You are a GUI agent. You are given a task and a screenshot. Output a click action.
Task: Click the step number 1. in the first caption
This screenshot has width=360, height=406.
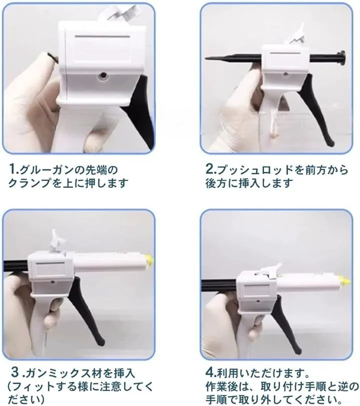pos(13,170)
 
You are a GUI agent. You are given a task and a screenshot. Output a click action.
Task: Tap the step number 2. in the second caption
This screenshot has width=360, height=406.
pos(211,170)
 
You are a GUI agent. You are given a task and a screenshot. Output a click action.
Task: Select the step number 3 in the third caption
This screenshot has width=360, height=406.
pos(15,373)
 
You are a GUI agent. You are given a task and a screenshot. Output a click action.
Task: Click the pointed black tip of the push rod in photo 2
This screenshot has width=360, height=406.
pos(207,58)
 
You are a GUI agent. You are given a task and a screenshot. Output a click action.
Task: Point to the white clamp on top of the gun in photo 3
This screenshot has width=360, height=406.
pos(58,242)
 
